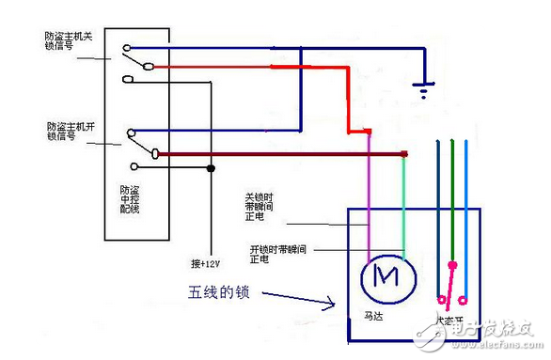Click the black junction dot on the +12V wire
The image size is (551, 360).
point(210,169)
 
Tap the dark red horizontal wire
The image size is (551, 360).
point(282,153)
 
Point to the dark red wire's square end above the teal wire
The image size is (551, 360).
point(404,153)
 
